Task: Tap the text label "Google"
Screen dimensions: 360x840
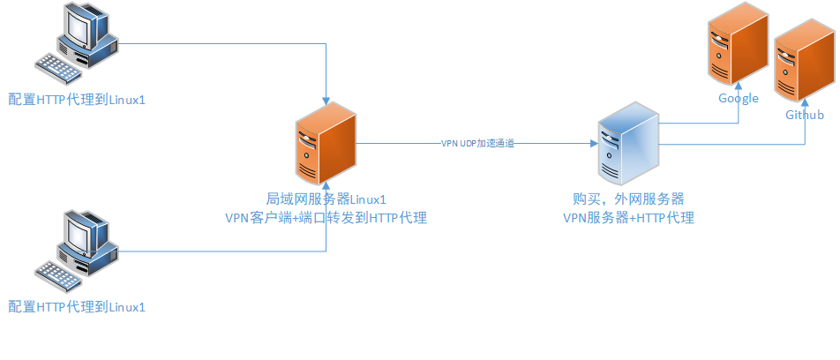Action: tap(738, 98)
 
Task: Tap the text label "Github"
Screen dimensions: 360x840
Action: tap(804, 116)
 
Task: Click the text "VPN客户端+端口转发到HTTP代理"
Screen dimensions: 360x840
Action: tap(326, 217)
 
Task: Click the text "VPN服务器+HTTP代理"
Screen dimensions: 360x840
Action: tap(628, 217)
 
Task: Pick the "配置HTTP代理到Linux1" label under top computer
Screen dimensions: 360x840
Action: tap(76, 100)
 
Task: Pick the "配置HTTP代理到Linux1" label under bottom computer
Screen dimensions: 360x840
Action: tap(76, 307)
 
